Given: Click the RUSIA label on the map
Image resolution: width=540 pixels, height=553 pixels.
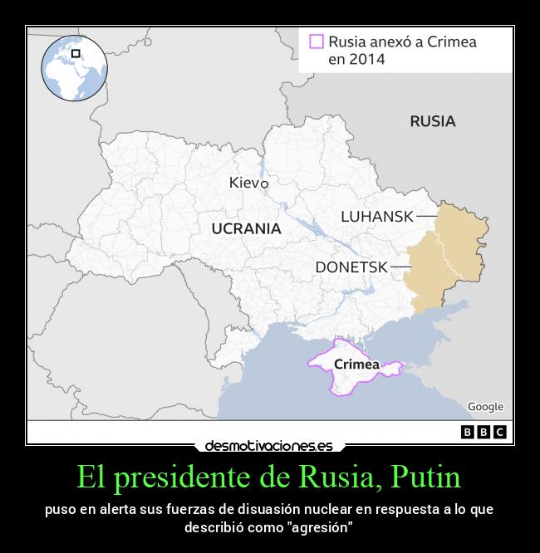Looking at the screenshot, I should click(432, 121).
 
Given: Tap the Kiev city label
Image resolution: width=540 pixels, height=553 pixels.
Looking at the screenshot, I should click(244, 183).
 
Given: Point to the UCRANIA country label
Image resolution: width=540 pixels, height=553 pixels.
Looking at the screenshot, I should click(246, 228).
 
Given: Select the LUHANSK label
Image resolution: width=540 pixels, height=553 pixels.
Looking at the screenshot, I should click(376, 216).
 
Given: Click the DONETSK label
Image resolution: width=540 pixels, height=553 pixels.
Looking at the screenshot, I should click(351, 267).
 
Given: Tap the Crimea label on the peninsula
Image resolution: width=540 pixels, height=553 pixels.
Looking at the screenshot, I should click(356, 364).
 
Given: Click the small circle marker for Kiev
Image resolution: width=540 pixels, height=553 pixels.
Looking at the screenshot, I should click(264, 184).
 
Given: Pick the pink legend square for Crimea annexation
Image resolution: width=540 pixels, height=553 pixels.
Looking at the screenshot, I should click(316, 42).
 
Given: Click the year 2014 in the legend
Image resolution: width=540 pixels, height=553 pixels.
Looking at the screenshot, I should click(356, 59).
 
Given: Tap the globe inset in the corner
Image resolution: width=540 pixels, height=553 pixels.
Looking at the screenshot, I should click(74, 69).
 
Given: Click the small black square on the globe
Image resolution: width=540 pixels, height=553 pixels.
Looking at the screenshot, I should click(76, 54).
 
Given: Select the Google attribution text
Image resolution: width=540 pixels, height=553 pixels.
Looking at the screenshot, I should click(485, 407).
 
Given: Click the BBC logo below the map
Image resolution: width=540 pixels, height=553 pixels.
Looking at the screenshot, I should click(484, 432).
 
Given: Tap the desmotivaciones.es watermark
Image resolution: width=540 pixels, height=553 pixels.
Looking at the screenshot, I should click(268, 446).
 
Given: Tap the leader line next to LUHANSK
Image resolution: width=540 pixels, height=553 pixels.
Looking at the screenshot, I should click(426, 216).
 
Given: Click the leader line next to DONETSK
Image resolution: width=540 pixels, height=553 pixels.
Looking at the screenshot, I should click(400, 267).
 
